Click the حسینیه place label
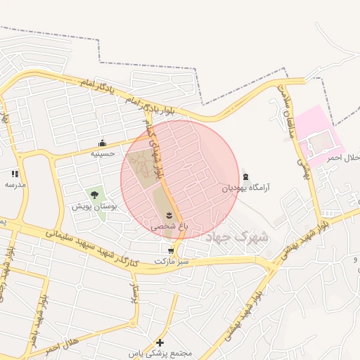coord(103,152)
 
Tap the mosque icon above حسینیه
coord(103,142)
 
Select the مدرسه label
coord(15,184)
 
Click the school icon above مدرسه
coord(15,174)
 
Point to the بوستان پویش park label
coord(94,207)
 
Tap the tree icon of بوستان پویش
coord(95,195)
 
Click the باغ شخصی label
coord(169,227)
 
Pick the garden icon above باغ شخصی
coord(169,215)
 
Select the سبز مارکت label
coord(172,261)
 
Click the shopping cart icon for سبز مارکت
coord(172,250)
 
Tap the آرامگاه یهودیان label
coord(246,188)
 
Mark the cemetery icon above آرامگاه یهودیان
coord(245,176)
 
